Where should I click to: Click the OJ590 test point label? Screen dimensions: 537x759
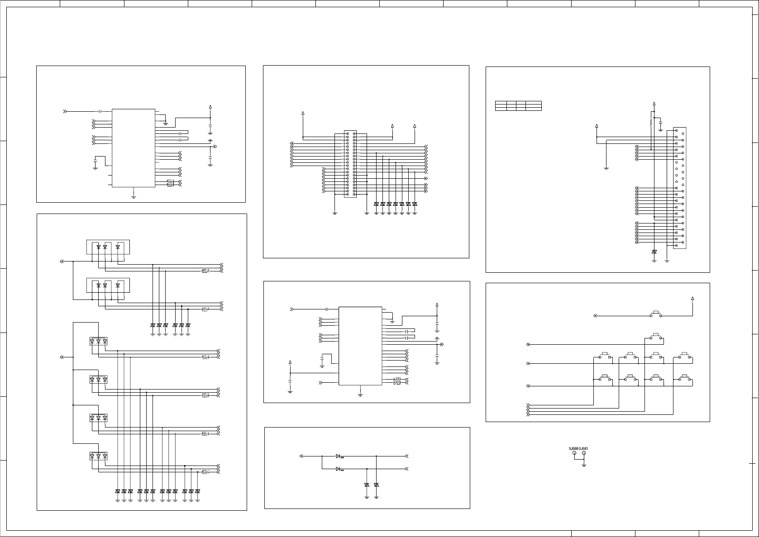573,448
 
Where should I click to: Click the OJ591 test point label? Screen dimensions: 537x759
583,448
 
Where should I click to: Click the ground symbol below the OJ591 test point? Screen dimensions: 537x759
584,465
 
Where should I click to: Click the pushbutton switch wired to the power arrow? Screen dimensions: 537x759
655,314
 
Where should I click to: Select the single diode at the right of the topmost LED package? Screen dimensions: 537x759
118,247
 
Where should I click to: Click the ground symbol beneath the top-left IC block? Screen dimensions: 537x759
134,196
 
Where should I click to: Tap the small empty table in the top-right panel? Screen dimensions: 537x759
518,106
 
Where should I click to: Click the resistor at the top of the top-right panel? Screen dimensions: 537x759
651,122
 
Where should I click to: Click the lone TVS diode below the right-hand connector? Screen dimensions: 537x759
654,252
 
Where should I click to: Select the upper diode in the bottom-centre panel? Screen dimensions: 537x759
339,456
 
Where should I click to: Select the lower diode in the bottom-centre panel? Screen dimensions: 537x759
339,469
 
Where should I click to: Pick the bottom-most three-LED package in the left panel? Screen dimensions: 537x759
98,456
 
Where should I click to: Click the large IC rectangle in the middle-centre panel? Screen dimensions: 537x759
360,346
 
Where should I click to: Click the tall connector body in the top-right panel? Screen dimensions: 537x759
680,188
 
